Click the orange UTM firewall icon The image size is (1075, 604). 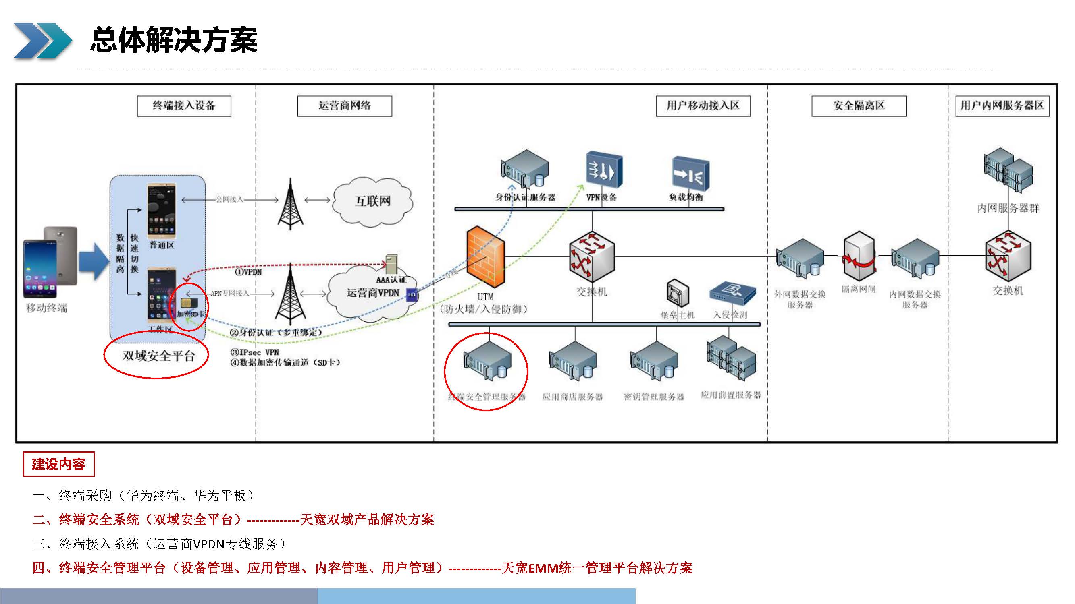[486, 257]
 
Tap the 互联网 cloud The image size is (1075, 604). [373, 201]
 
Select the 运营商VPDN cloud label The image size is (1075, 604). [373, 293]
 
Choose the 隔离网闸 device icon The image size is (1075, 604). [859, 256]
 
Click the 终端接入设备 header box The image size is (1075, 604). [184, 106]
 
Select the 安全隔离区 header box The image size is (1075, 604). [859, 106]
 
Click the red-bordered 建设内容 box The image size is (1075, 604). [58, 464]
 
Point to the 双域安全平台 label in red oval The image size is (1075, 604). [158, 356]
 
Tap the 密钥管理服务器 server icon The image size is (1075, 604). [654, 361]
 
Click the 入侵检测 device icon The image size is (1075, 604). [732, 292]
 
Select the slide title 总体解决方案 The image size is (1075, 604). [174, 40]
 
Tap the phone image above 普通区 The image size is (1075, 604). [162, 211]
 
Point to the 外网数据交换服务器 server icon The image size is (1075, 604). [800, 259]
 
